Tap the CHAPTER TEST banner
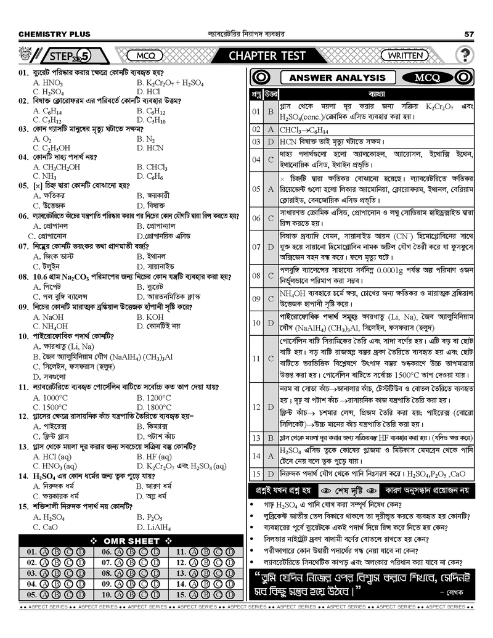coord(267,56)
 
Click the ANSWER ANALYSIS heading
coord(337,78)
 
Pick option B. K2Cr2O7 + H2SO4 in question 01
coord(170,83)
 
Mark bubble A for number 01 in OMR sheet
coord(44,552)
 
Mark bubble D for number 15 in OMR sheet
coord(230,595)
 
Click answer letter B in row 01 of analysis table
coord(271,112)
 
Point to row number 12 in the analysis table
coord(256,407)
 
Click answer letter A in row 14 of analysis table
coord(271,456)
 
